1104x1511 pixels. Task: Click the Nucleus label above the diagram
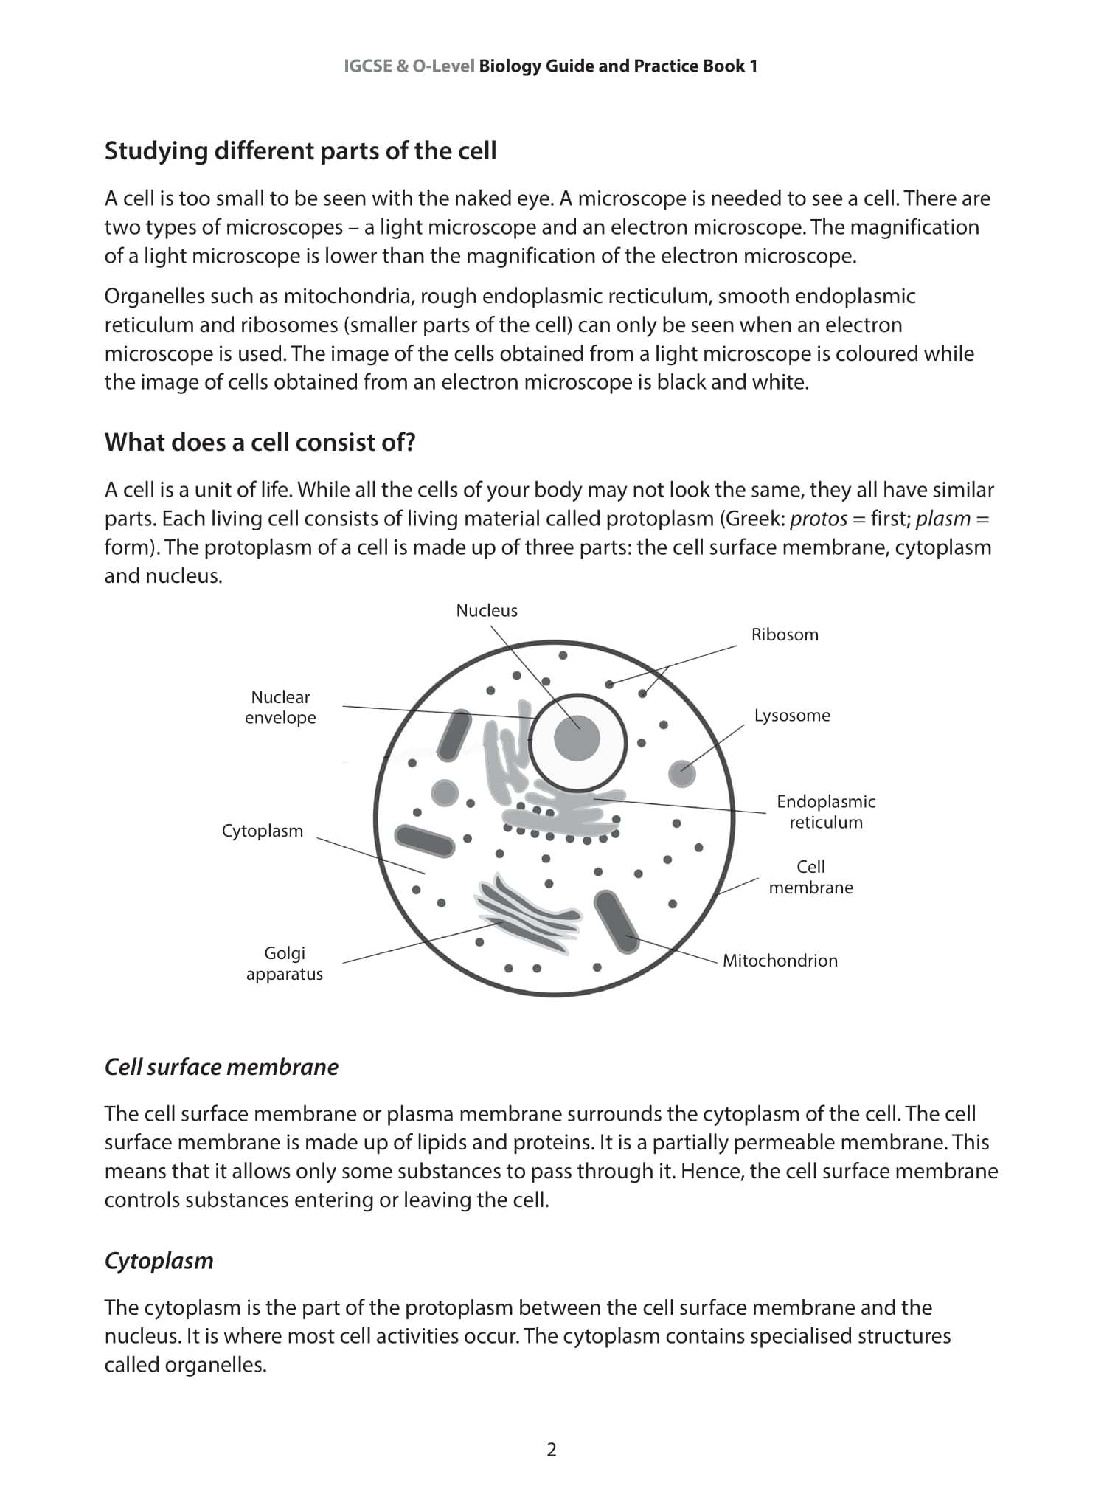pyautogui.click(x=487, y=610)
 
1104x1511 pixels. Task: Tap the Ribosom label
pyautogui.click(x=785, y=635)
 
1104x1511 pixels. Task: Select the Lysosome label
pyautogui.click(x=792, y=715)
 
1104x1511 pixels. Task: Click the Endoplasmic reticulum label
pyautogui.click(x=825, y=812)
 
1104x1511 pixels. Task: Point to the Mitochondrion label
pyautogui.click(x=780, y=960)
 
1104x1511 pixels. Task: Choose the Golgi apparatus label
pyautogui.click(x=285, y=963)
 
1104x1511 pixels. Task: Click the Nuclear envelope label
pyautogui.click(x=280, y=707)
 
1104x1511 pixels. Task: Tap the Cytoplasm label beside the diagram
pyautogui.click(x=263, y=831)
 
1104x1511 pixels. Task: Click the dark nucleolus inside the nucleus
pyautogui.click(x=577, y=737)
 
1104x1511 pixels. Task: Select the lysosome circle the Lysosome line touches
pyautogui.click(x=682, y=773)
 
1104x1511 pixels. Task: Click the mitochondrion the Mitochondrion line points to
pyautogui.click(x=618, y=922)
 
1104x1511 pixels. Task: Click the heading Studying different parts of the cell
pyautogui.click(x=300, y=151)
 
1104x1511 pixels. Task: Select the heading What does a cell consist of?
pyautogui.click(x=260, y=442)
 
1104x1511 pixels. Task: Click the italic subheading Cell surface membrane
pyautogui.click(x=221, y=1067)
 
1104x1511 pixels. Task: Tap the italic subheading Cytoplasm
pyautogui.click(x=159, y=1260)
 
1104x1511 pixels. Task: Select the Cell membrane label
pyautogui.click(x=810, y=876)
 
